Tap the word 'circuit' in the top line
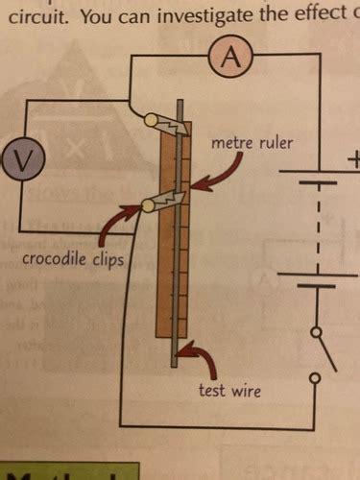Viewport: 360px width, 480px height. click(x=29, y=16)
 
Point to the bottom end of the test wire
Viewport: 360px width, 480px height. click(x=175, y=364)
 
